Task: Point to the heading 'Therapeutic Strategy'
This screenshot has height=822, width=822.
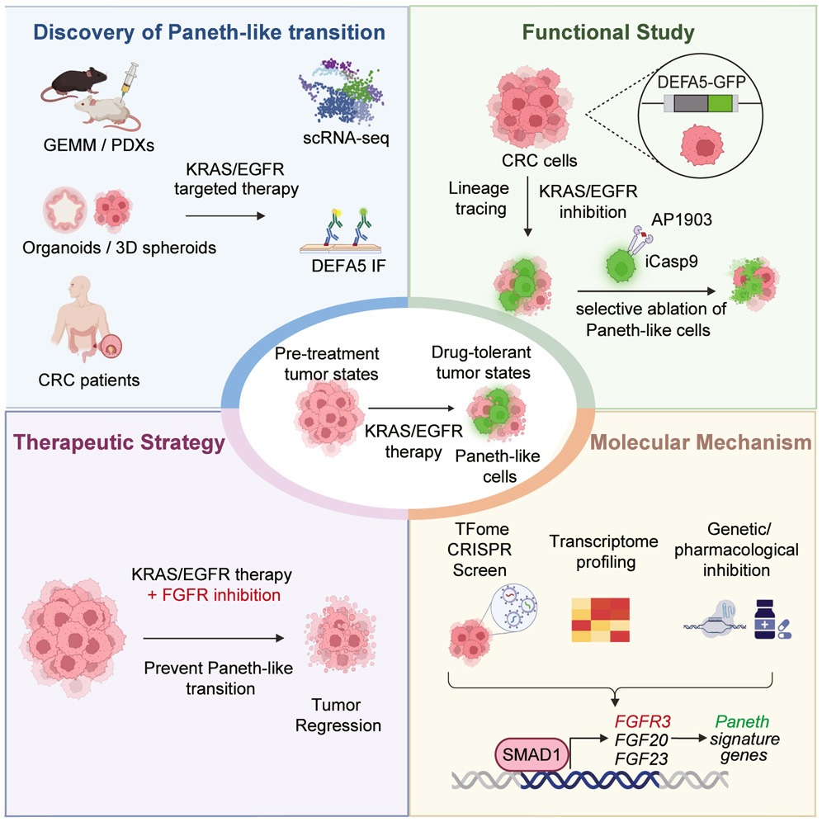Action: [x=118, y=443]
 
